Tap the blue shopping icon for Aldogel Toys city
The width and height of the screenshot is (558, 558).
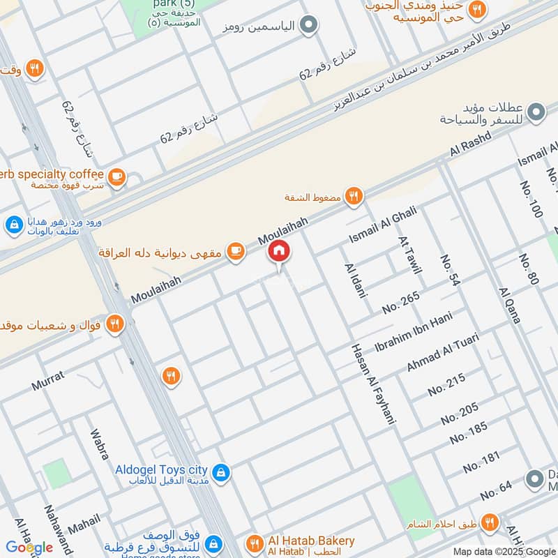[x=220, y=473]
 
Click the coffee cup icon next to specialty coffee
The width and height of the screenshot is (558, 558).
[x=117, y=176]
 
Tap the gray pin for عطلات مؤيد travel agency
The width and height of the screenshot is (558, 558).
[x=536, y=112]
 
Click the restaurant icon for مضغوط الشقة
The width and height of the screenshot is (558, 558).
[x=354, y=197]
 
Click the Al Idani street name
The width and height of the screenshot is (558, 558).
[x=355, y=280]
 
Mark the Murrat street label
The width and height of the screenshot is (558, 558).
[x=47, y=380]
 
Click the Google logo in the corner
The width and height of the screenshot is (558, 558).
[x=29, y=547]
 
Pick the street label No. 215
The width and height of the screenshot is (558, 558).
[x=446, y=384]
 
